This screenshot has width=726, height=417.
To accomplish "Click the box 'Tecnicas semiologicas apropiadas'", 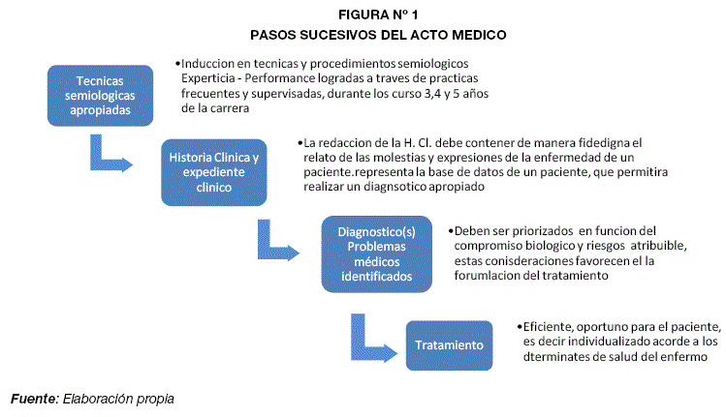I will pos(100,95).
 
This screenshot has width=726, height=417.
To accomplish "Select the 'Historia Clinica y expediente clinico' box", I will pos(213,172).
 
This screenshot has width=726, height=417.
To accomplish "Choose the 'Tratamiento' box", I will pos(449,345).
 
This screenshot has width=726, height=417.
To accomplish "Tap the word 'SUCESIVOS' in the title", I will pos(341,34).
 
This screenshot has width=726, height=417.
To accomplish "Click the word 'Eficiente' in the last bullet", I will pos(551,326).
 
